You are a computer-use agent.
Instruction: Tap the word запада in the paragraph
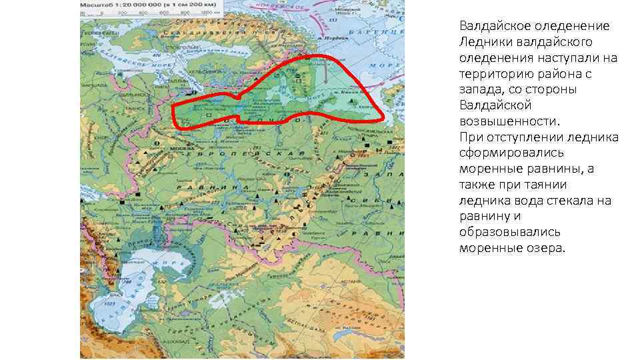click(482, 90)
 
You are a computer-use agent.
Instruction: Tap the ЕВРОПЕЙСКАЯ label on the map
click(220, 154)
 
